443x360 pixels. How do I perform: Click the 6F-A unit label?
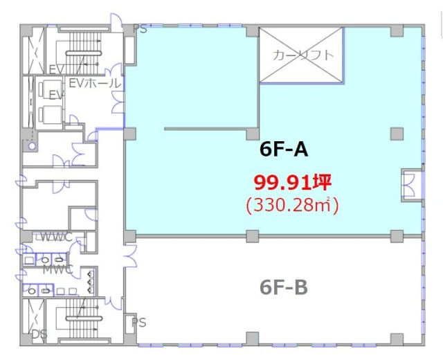pyautogui.click(x=284, y=150)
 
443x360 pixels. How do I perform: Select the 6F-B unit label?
pyautogui.click(x=284, y=287)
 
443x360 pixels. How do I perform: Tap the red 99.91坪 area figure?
pyautogui.click(x=292, y=183)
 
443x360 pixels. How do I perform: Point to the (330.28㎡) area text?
pyautogui.click(x=292, y=206)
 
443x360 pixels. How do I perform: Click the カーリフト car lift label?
pyautogui.click(x=302, y=55)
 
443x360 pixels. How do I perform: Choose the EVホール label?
pyautogui.click(x=95, y=83)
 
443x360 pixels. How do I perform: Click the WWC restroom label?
pyautogui.click(x=57, y=237)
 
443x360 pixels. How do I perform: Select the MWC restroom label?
pyautogui.click(x=57, y=269)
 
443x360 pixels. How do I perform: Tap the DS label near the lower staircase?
pyautogui.click(x=39, y=335)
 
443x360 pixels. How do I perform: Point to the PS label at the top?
pyautogui.click(x=140, y=28)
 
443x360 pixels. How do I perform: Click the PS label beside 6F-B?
pyautogui.click(x=139, y=323)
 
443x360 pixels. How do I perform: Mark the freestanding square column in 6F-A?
pyautogui.click(x=397, y=134)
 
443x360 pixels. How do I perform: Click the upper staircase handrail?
pyautogui.click(x=84, y=53)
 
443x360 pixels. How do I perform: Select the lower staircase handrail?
pyautogui.click(x=84, y=318)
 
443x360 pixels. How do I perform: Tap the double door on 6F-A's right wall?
pyautogui.click(x=410, y=185)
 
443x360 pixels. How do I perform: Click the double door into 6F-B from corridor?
pyautogui.click(x=130, y=256)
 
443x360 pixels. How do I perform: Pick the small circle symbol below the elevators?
pyautogui.click(x=32, y=146)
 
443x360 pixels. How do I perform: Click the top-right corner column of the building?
pyautogui.click(x=397, y=31)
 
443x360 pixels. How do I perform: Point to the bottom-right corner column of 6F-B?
pyautogui.click(x=397, y=339)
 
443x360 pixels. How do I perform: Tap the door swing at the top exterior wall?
pyautogui.click(x=116, y=23)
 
